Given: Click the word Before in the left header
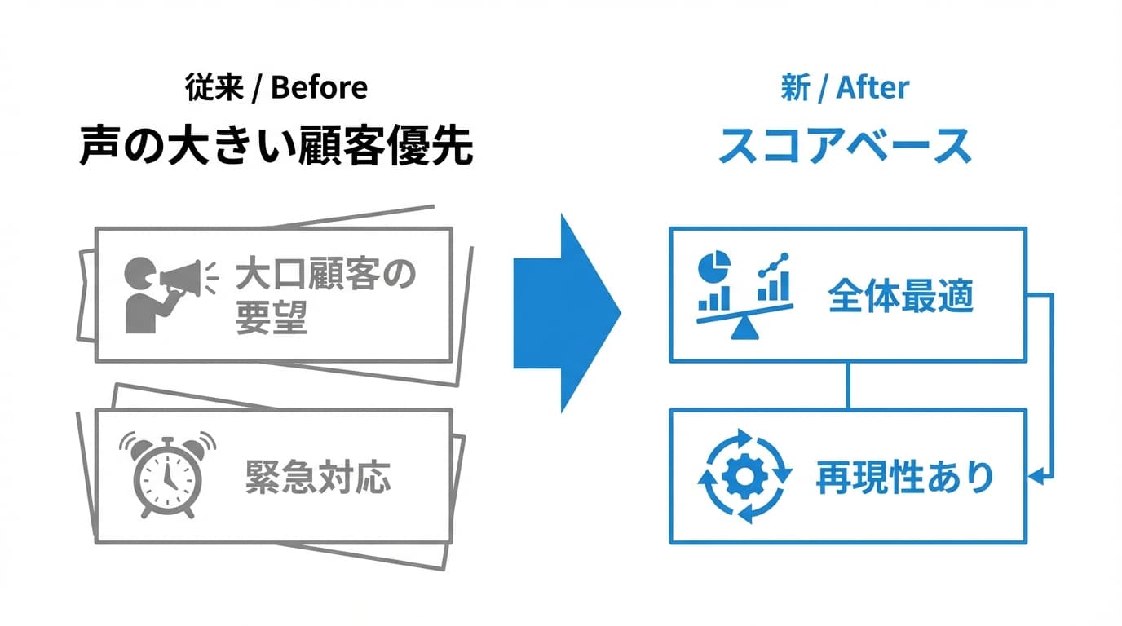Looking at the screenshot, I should [319, 88].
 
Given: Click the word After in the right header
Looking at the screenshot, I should [872, 88].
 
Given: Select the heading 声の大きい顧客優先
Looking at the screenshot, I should [276, 147].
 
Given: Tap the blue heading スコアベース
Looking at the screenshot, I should [845, 147].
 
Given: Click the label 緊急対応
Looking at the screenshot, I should [318, 478].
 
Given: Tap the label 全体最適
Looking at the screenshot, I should [900, 297].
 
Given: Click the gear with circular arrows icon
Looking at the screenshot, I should [744, 478].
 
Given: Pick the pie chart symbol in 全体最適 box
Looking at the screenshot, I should [714, 267].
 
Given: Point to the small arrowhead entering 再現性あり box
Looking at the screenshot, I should [1037, 476].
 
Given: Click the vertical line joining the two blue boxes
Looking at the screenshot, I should [848, 386].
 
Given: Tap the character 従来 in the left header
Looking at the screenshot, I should [213, 88].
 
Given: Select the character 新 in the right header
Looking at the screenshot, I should [794, 88].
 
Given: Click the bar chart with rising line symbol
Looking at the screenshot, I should [774, 277].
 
